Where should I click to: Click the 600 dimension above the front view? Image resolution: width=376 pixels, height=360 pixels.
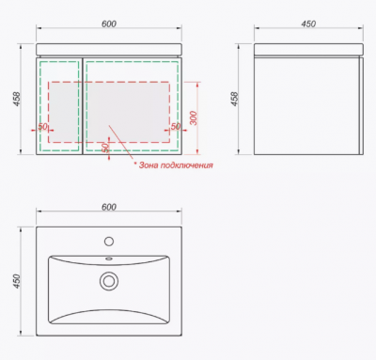click(109, 23)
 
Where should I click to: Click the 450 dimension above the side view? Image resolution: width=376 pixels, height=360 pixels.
click(308, 23)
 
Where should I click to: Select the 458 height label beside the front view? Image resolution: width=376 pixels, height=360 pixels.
click(17, 99)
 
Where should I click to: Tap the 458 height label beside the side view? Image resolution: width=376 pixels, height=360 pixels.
click(234, 99)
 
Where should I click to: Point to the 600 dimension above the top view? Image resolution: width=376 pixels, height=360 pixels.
click(109, 207)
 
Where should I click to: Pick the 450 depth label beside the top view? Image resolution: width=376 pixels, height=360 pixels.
click(17, 281)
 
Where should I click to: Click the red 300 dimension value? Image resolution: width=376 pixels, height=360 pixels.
click(194, 118)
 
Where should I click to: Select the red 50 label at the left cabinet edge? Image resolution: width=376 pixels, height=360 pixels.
click(42, 127)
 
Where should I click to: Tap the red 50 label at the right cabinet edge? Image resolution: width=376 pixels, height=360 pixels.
click(176, 126)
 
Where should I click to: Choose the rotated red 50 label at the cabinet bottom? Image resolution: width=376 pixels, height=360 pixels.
click(105, 148)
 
